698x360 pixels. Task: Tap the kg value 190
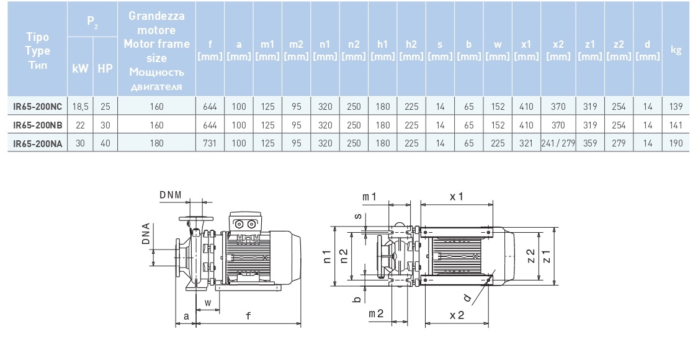[676, 143]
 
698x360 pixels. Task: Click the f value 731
[210, 143]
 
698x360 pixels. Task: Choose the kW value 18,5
[81, 107]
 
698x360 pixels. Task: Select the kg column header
[676, 50]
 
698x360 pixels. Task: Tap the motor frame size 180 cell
[156, 143]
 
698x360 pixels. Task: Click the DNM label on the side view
[170, 196]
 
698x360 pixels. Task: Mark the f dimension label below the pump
[248, 316]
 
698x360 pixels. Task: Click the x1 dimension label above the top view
[457, 196]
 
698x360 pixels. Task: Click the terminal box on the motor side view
[244, 224]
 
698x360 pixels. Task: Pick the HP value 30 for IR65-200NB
[105, 125]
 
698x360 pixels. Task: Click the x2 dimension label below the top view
[457, 315]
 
